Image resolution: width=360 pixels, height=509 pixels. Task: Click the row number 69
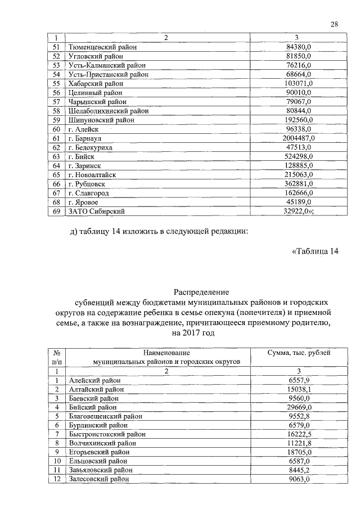pyautogui.click(x=56, y=211)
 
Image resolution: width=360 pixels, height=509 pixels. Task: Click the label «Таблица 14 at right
pyautogui.click(x=316, y=251)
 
